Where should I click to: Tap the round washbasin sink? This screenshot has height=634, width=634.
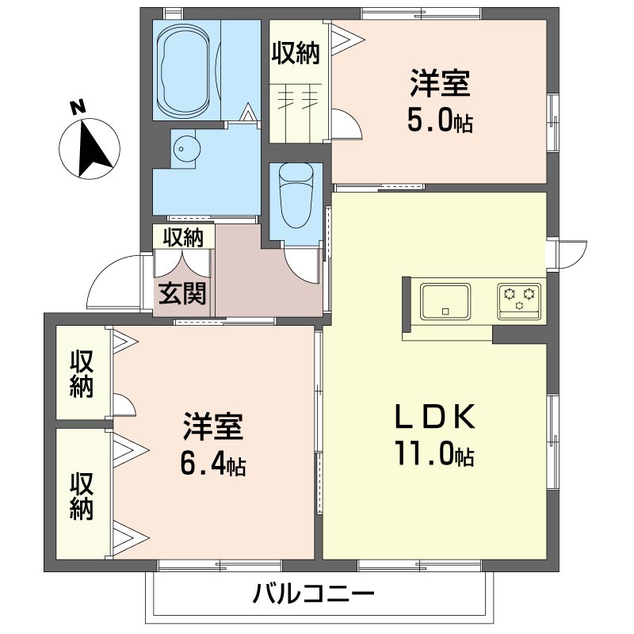[186, 149]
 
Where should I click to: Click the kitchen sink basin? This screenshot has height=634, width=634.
[445, 301]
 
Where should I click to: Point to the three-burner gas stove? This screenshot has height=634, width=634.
[519, 301]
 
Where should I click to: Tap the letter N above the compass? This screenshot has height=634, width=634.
[78, 108]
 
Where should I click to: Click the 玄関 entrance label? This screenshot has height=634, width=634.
[182, 293]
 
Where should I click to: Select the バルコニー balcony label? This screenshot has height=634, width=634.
[314, 594]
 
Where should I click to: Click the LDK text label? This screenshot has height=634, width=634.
[434, 417]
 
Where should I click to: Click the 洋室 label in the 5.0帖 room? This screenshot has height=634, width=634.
[441, 83]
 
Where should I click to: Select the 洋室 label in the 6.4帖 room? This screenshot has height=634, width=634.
[213, 426]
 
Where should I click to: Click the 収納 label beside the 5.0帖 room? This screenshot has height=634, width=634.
[296, 53]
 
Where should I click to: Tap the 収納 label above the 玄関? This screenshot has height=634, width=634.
[183, 237]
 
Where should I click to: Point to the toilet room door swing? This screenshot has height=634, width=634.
[301, 265]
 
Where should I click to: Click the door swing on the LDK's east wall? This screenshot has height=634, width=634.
[571, 254]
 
